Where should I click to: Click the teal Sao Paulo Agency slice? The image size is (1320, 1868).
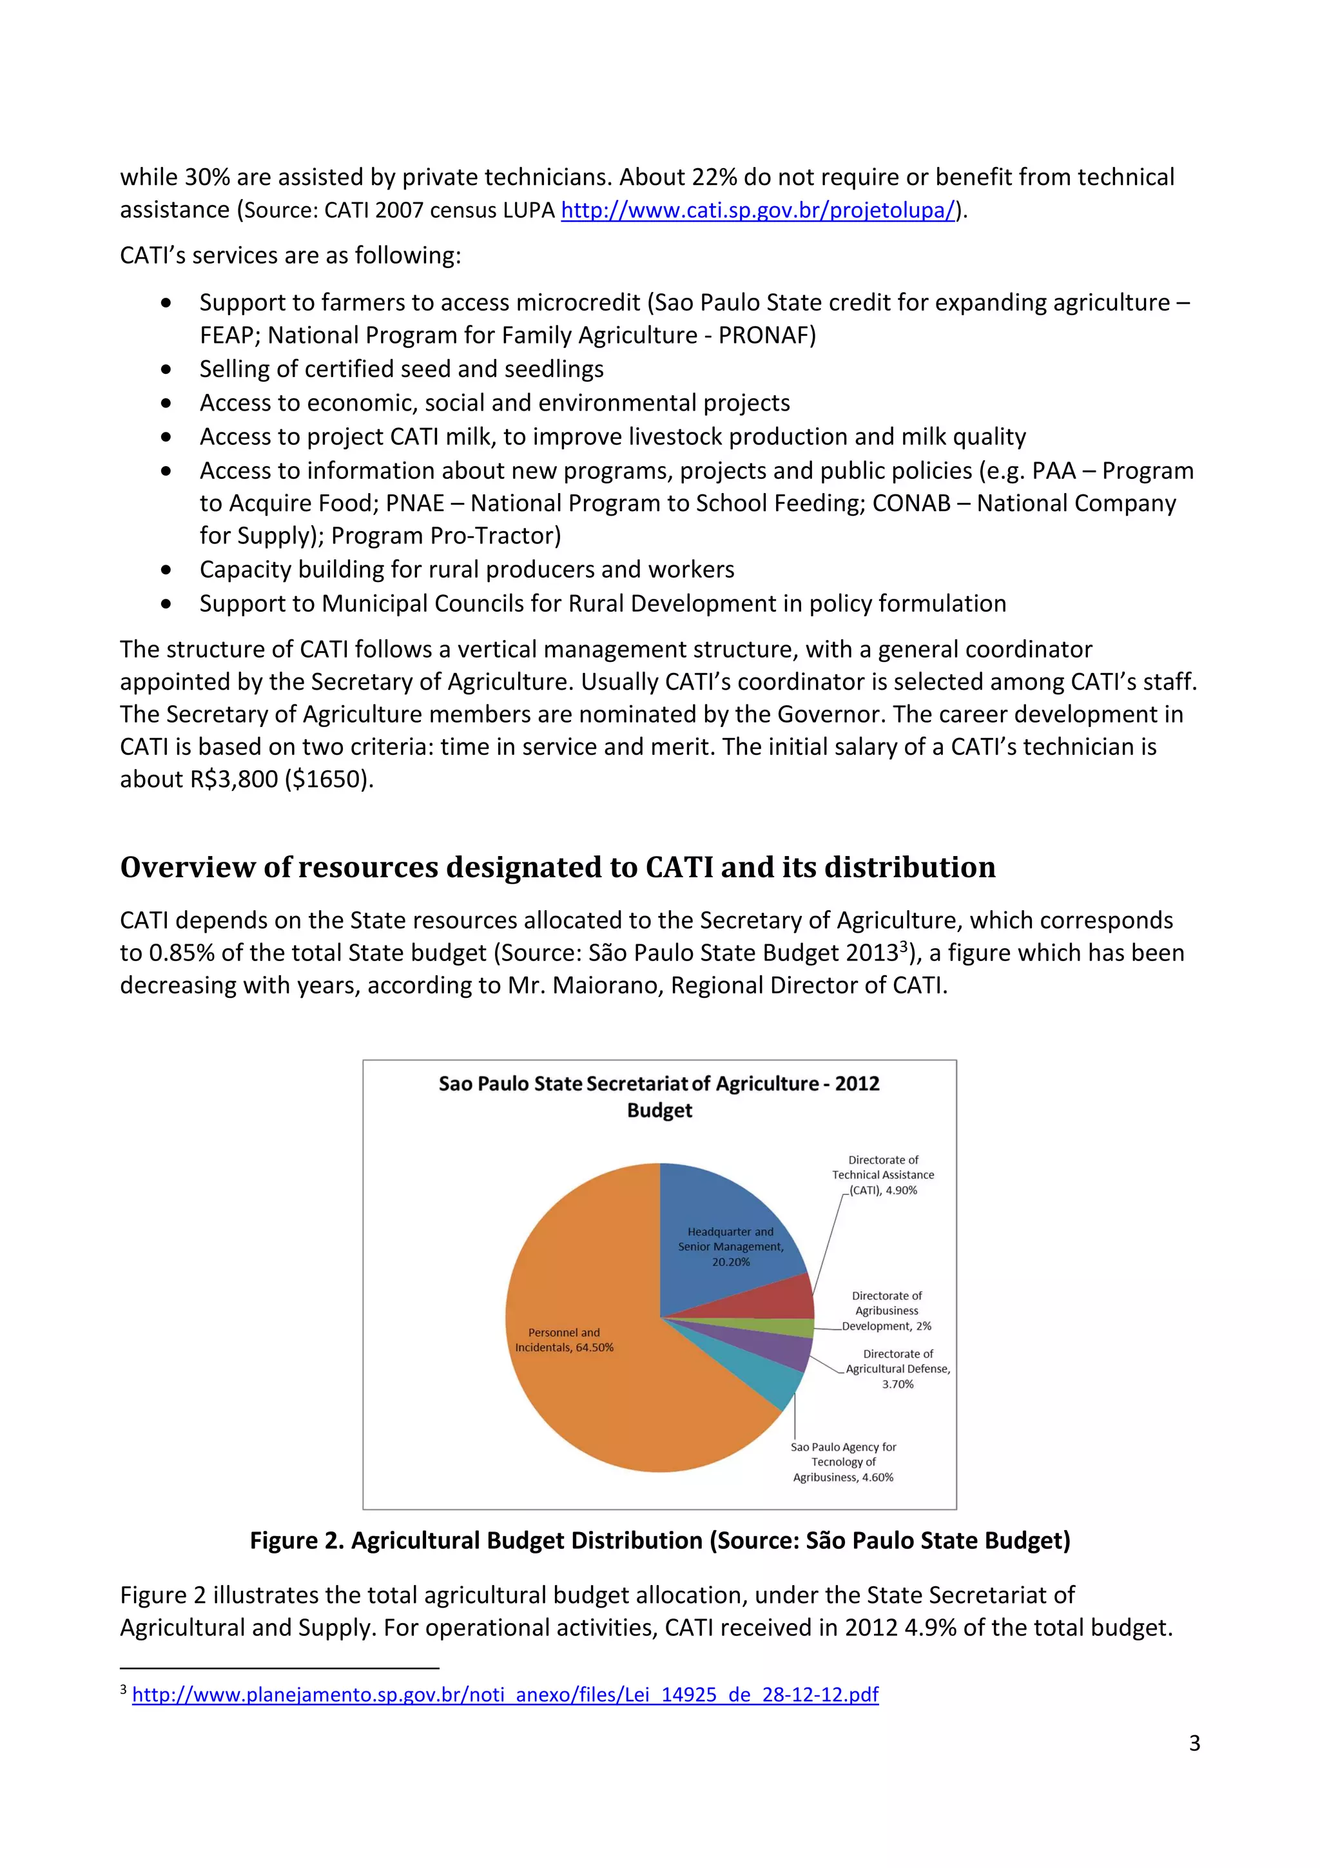tap(773, 1383)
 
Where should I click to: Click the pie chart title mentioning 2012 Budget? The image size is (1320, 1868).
tap(659, 1096)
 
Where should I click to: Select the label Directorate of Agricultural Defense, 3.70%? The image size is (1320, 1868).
tap(897, 1368)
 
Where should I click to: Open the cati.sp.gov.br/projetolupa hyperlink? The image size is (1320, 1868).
tap(757, 210)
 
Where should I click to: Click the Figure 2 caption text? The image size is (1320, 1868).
tap(659, 1540)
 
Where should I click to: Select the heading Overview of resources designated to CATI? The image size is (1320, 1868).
tap(557, 868)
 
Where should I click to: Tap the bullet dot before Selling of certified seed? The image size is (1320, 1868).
tap(167, 369)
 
